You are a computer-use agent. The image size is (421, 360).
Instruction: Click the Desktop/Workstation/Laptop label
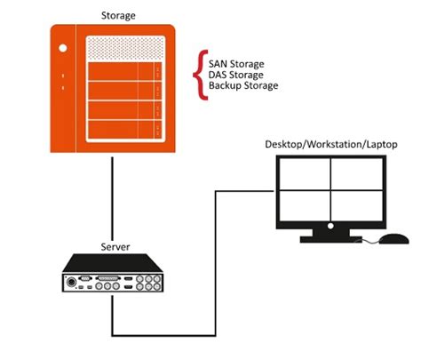point(330,144)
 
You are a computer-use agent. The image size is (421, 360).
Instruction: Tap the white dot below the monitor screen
point(331,228)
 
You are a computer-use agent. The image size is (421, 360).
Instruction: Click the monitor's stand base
point(331,238)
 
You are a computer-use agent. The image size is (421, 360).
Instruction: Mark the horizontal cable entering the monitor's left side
point(244,190)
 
